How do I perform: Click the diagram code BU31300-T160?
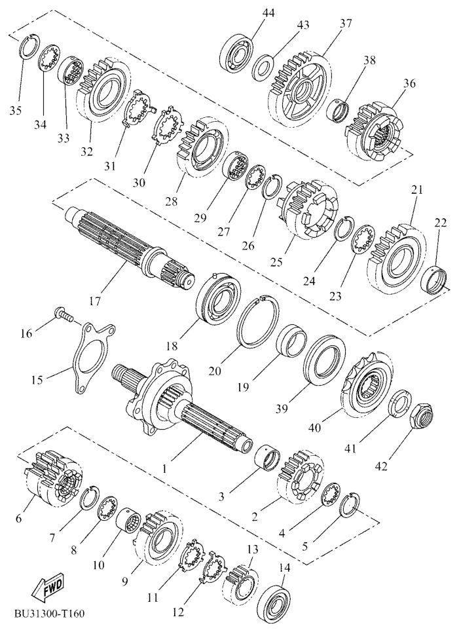(50, 614)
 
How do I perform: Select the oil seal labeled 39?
(324, 361)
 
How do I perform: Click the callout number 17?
(94, 301)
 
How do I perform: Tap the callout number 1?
(164, 468)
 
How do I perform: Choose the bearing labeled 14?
(275, 601)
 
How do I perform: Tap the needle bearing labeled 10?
(128, 520)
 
